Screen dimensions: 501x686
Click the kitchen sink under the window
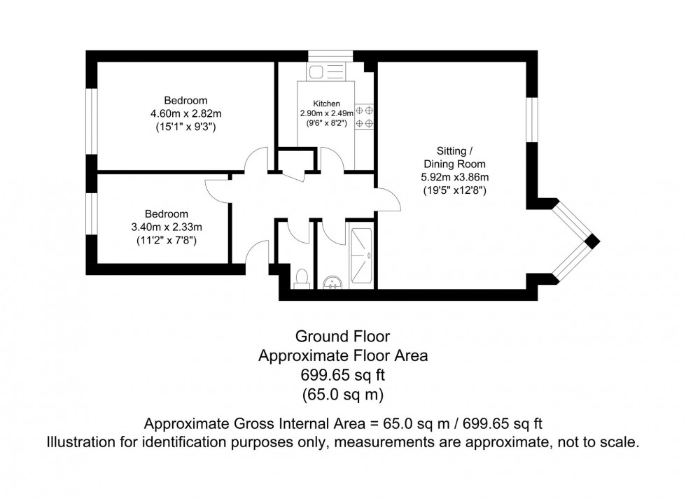[x=326, y=71]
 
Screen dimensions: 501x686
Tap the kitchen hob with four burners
[x=365, y=117]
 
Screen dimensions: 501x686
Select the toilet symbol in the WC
[x=302, y=278]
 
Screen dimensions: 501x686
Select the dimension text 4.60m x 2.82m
[x=185, y=114]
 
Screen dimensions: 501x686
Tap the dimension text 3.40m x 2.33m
[x=166, y=227]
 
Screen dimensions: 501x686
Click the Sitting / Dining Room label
[x=454, y=157]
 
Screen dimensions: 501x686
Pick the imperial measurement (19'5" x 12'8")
[x=454, y=190]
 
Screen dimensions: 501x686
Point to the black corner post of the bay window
[x=592, y=241]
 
